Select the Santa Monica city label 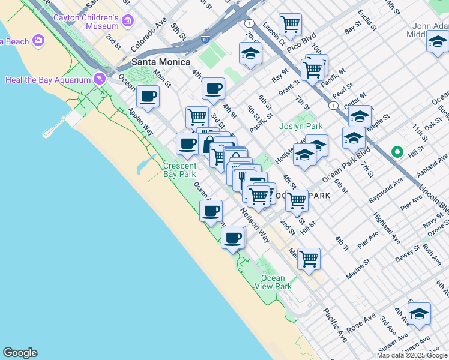(x=161, y=62)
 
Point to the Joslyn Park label (x=301, y=126)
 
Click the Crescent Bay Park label (x=179, y=170)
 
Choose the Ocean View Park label (x=276, y=282)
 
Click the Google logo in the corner (x=20, y=353)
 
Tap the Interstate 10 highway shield (x=205, y=39)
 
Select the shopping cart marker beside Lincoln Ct (x=291, y=25)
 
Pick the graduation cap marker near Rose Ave (x=419, y=314)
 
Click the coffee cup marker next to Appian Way (x=148, y=96)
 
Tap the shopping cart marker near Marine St (x=309, y=259)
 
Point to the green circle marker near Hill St (x=396, y=152)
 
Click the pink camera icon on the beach (x=39, y=41)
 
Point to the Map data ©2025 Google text (x=412, y=355)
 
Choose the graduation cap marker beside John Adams (x=437, y=43)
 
